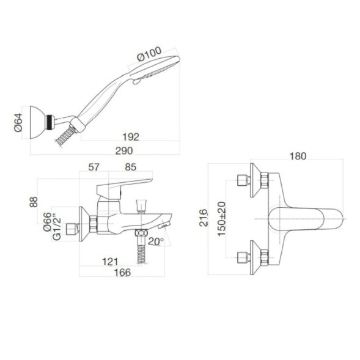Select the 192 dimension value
pos(130,137)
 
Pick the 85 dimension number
pos(130,167)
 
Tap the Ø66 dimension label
pos(47,221)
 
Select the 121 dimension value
pos(110,262)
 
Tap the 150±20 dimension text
pos(222,219)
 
